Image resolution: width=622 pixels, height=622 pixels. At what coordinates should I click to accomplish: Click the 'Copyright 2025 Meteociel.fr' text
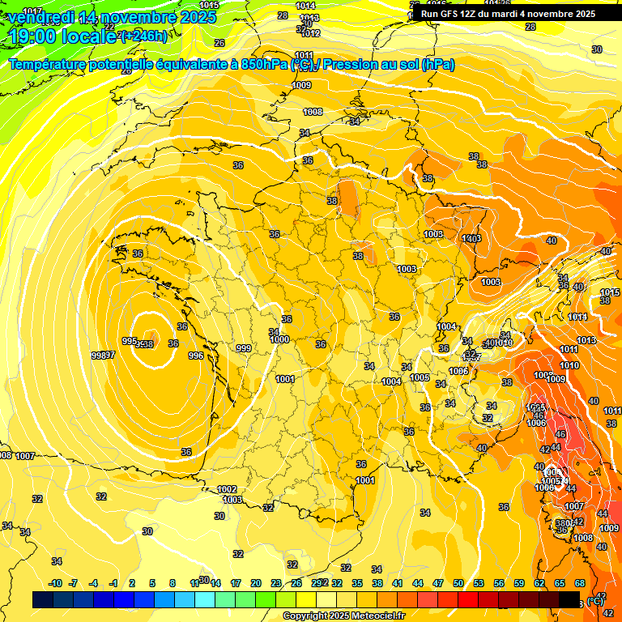(x=343, y=616)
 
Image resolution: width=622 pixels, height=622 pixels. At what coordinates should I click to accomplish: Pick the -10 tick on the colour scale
(x=55, y=583)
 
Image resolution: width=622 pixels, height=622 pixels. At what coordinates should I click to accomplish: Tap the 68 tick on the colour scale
(x=580, y=583)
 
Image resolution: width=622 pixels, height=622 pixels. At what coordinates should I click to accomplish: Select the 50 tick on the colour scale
(x=458, y=583)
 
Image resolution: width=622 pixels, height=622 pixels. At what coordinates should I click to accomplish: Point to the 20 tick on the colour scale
(x=256, y=583)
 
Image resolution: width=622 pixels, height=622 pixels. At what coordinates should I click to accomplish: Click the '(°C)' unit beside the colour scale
(x=594, y=600)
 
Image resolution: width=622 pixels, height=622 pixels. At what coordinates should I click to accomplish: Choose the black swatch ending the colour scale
(x=569, y=599)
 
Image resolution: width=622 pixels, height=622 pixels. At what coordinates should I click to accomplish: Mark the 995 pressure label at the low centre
(x=129, y=341)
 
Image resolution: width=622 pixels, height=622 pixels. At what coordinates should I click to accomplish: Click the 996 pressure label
(x=195, y=356)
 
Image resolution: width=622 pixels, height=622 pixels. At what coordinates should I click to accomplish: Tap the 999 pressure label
(x=243, y=347)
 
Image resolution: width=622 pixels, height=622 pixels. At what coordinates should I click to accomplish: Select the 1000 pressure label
(x=279, y=340)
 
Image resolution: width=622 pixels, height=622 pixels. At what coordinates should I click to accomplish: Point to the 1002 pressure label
(x=227, y=489)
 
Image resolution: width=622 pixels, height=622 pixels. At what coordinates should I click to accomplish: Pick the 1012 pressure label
(x=311, y=33)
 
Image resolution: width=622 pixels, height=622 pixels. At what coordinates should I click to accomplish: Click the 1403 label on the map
(x=472, y=238)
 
